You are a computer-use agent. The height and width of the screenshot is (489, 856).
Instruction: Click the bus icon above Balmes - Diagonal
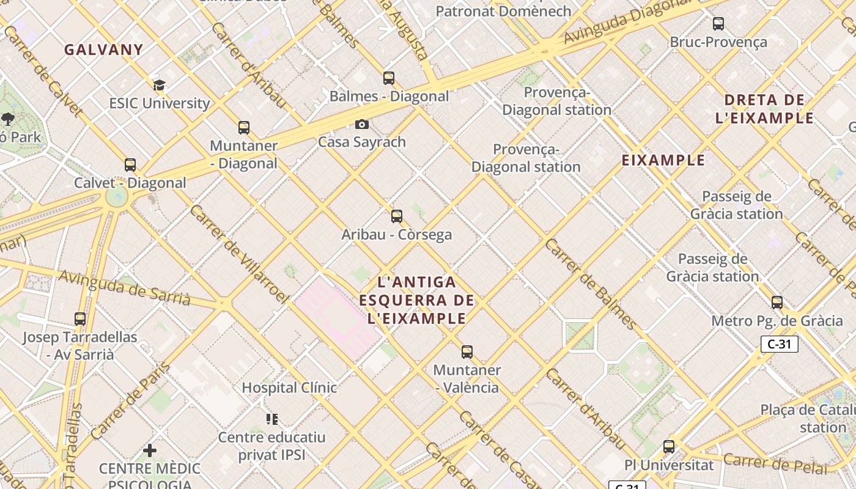(x=389, y=78)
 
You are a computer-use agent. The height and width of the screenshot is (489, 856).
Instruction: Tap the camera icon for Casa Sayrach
(x=362, y=124)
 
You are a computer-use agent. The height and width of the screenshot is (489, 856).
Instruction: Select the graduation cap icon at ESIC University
(x=159, y=85)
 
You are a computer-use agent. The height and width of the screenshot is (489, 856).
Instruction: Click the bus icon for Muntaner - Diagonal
(x=244, y=127)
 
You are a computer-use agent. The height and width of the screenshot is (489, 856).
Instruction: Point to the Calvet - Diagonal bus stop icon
(x=130, y=164)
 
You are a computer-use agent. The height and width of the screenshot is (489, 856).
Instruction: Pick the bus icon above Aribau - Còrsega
(x=397, y=216)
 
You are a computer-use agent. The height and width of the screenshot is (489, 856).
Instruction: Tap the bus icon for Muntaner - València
(x=467, y=351)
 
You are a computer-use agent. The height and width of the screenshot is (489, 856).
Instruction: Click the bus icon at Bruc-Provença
(x=718, y=24)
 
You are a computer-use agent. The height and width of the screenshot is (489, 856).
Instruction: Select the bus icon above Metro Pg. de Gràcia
(x=777, y=302)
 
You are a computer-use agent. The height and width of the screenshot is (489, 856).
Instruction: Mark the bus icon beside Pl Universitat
(x=669, y=446)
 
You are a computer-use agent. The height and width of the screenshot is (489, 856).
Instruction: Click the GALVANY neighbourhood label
(x=104, y=50)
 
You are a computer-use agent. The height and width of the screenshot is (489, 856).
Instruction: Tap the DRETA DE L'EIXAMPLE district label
(x=764, y=109)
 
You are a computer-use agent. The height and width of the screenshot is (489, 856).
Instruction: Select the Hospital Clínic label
(x=289, y=388)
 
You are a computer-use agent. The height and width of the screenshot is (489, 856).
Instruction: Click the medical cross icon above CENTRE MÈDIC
(x=150, y=450)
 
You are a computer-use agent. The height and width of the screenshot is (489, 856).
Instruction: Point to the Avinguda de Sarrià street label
(x=125, y=287)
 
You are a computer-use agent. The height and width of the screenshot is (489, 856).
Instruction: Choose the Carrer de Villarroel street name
(x=238, y=254)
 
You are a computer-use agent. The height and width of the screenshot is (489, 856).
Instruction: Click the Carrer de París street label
(x=131, y=401)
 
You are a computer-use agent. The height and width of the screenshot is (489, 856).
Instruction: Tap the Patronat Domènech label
(x=503, y=11)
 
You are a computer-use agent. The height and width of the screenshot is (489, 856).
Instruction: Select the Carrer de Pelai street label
(x=774, y=463)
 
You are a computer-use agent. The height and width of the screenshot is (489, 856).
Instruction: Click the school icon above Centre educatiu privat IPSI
(x=272, y=419)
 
